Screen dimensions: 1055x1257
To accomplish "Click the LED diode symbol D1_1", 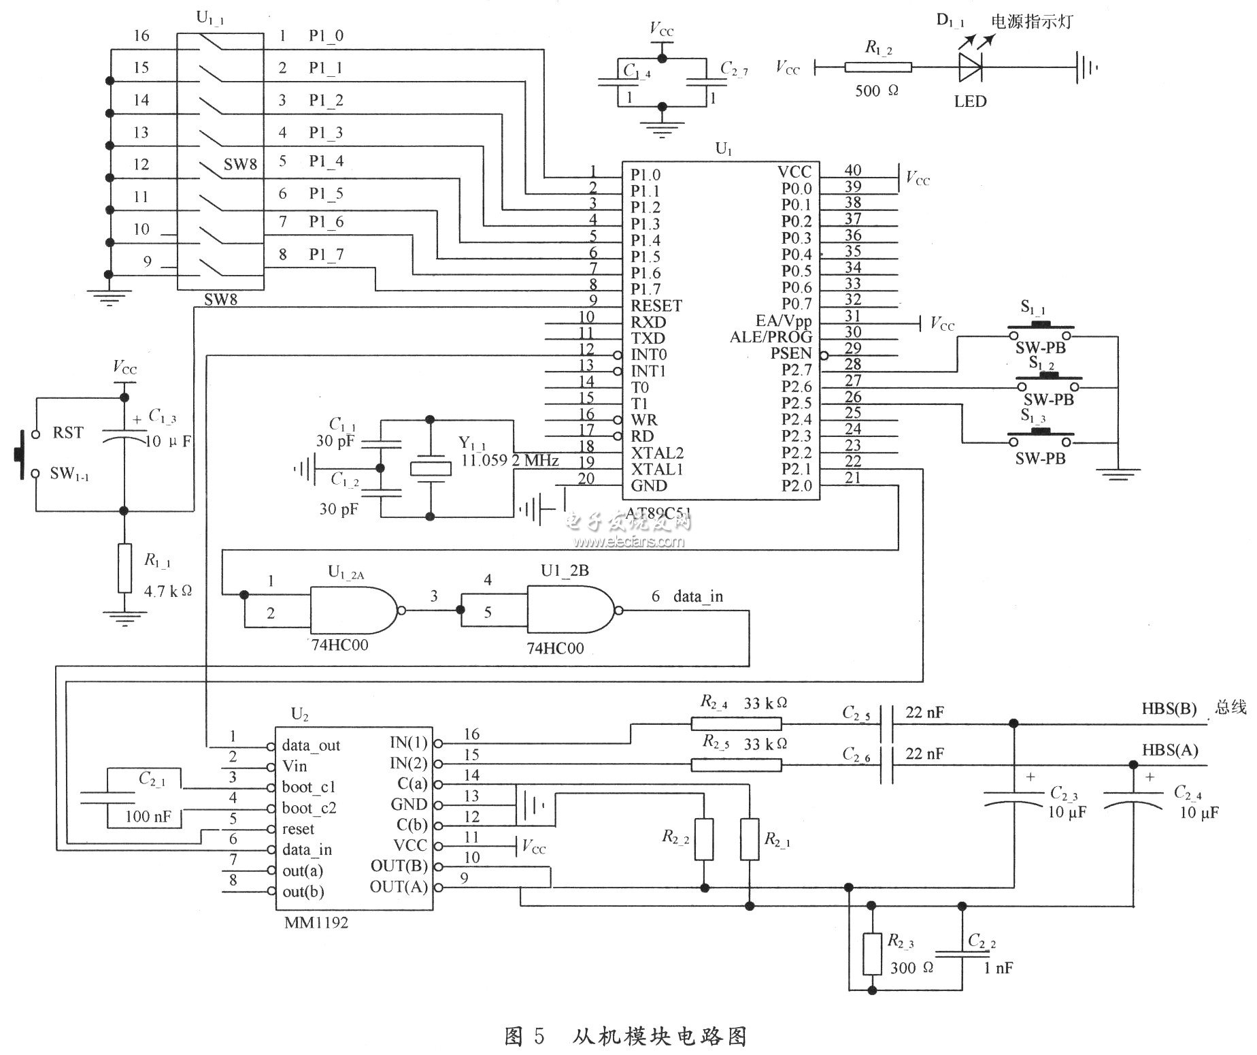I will click(x=970, y=67).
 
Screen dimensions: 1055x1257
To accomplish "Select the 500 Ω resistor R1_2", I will click(x=877, y=67).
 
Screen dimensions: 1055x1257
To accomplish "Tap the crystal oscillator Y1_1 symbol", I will click(x=431, y=469).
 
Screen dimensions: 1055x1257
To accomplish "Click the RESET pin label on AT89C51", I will click(x=656, y=306).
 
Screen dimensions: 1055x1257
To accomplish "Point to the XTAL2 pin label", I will click(x=657, y=453).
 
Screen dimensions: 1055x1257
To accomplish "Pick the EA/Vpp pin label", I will click(x=783, y=321).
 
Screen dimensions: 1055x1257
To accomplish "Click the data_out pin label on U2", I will click(x=311, y=745).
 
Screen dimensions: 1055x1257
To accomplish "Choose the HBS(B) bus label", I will click(x=1169, y=709).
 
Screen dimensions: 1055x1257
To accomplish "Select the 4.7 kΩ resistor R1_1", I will click(x=124, y=568).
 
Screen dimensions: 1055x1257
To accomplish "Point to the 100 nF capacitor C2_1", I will click(x=108, y=798).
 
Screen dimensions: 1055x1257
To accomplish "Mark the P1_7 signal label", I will click(x=326, y=255).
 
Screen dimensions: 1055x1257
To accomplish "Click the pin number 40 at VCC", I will click(x=852, y=170).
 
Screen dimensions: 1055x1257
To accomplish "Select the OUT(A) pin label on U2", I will click(x=399, y=887).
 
